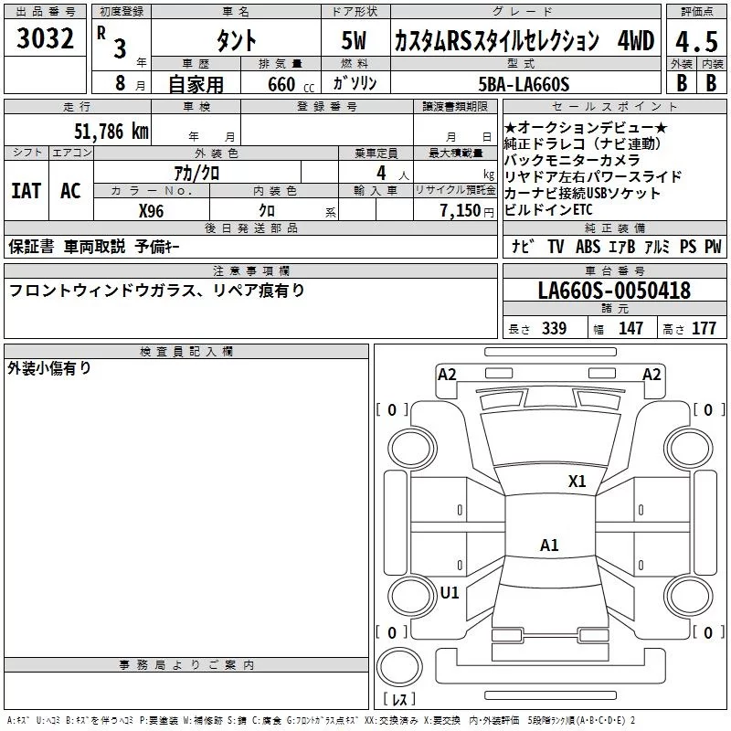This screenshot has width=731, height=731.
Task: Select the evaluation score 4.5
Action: point(696,41)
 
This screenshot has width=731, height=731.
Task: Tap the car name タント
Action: point(235,41)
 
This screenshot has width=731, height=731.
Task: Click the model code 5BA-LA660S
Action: point(524,85)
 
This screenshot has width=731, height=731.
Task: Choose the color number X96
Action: point(151,209)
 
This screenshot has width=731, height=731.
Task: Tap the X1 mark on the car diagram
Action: point(577,482)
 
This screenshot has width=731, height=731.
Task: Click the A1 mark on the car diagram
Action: point(549,546)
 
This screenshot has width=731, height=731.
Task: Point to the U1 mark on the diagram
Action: point(450,592)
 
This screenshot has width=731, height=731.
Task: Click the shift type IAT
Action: point(26,191)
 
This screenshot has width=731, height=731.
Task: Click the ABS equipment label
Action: point(588,246)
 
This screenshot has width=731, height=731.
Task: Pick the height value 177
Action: point(704,328)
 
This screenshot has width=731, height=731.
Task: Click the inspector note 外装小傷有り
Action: point(49,368)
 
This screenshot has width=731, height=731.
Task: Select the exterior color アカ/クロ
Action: point(196,172)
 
